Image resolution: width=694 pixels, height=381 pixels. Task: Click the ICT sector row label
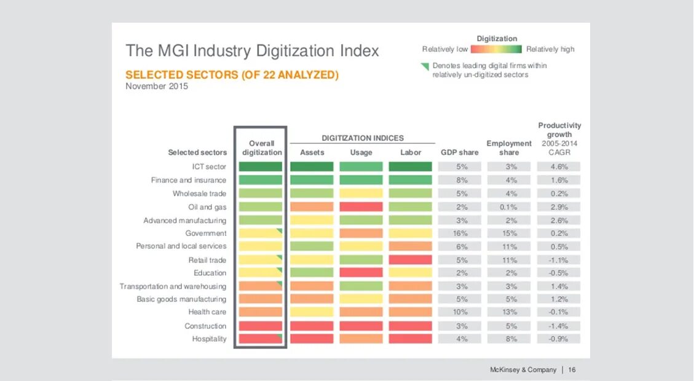(209, 167)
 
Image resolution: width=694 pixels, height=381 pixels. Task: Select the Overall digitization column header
(262, 148)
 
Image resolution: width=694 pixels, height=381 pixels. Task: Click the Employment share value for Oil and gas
(509, 207)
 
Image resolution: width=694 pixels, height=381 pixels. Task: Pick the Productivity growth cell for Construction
(559, 326)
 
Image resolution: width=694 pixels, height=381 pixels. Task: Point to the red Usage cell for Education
(361, 272)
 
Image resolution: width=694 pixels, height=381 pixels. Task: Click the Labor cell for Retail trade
(410, 260)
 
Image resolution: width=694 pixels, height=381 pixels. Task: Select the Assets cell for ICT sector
(312, 167)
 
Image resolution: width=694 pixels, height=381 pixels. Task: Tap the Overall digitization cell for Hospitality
(261, 339)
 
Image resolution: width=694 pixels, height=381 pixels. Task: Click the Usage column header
(361, 152)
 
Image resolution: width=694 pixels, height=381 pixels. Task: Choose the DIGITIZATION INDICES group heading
(363, 138)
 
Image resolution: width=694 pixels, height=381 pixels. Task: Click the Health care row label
(207, 312)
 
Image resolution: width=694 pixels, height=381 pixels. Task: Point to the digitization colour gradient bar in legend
(497, 49)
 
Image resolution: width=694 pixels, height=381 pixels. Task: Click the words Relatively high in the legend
(550, 49)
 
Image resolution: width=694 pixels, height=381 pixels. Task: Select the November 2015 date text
(157, 87)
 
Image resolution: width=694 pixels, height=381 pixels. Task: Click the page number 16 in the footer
(572, 370)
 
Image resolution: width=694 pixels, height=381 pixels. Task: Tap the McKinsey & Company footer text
(522, 370)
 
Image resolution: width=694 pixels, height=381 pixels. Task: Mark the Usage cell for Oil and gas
(361, 207)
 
